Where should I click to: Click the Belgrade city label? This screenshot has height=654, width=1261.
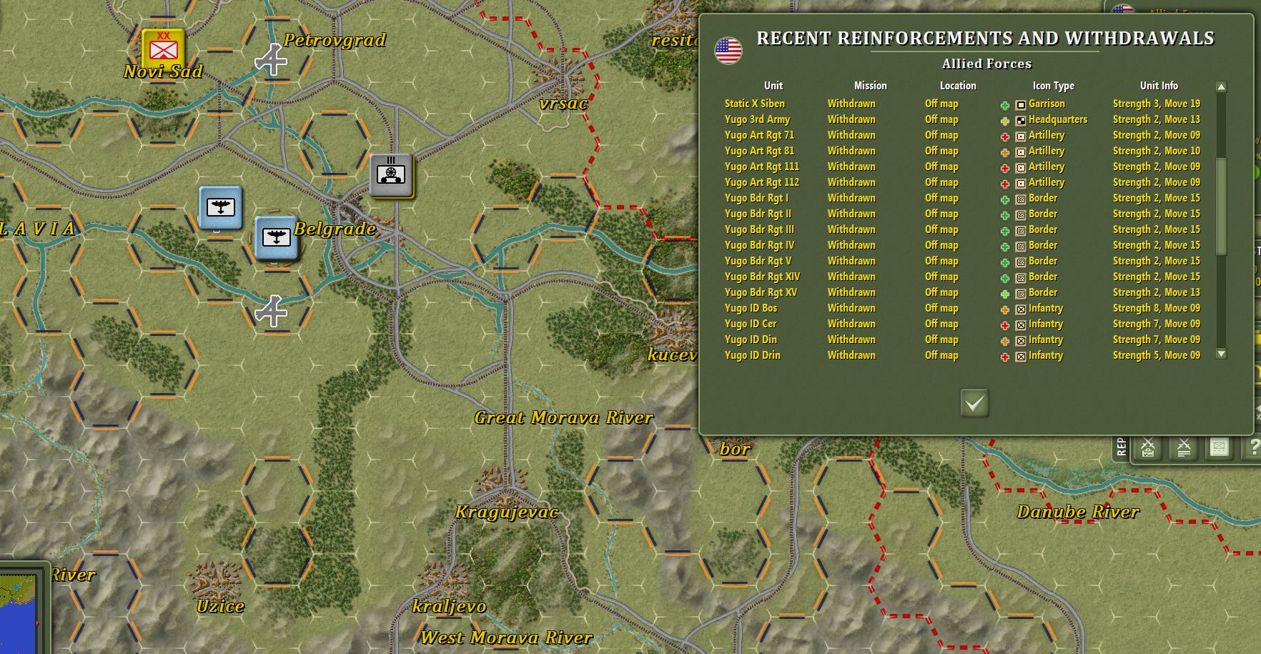(x=335, y=229)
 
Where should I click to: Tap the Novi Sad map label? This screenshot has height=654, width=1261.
(x=163, y=71)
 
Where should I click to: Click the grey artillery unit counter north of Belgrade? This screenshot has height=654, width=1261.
(x=391, y=174)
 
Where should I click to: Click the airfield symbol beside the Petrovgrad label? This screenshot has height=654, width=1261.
(x=272, y=61)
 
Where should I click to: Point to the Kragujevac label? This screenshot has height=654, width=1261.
(x=506, y=512)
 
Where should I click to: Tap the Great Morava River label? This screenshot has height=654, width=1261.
(x=563, y=417)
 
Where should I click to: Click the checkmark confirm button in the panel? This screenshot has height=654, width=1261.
(x=974, y=403)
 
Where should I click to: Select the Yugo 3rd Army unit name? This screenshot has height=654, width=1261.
(x=757, y=119)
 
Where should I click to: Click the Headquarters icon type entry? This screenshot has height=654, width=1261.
(x=1057, y=119)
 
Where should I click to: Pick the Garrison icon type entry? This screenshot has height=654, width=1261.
(x=1046, y=104)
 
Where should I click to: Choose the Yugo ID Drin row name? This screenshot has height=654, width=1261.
(x=752, y=355)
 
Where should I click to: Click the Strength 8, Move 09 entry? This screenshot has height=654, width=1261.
(x=1156, y=308)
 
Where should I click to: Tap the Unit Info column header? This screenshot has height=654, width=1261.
(x=1159, y=86)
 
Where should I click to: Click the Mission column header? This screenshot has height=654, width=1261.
(x=870, y=86)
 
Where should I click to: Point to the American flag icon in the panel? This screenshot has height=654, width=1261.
(x=728, y=50)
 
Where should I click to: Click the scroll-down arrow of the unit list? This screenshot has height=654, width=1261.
(x=1221, y=354)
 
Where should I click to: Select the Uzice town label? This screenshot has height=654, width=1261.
(x=220, y=606)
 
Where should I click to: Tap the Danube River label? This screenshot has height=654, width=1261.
(x=1077, y=512)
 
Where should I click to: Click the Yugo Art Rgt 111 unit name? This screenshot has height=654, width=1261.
(x=761, y=167)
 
